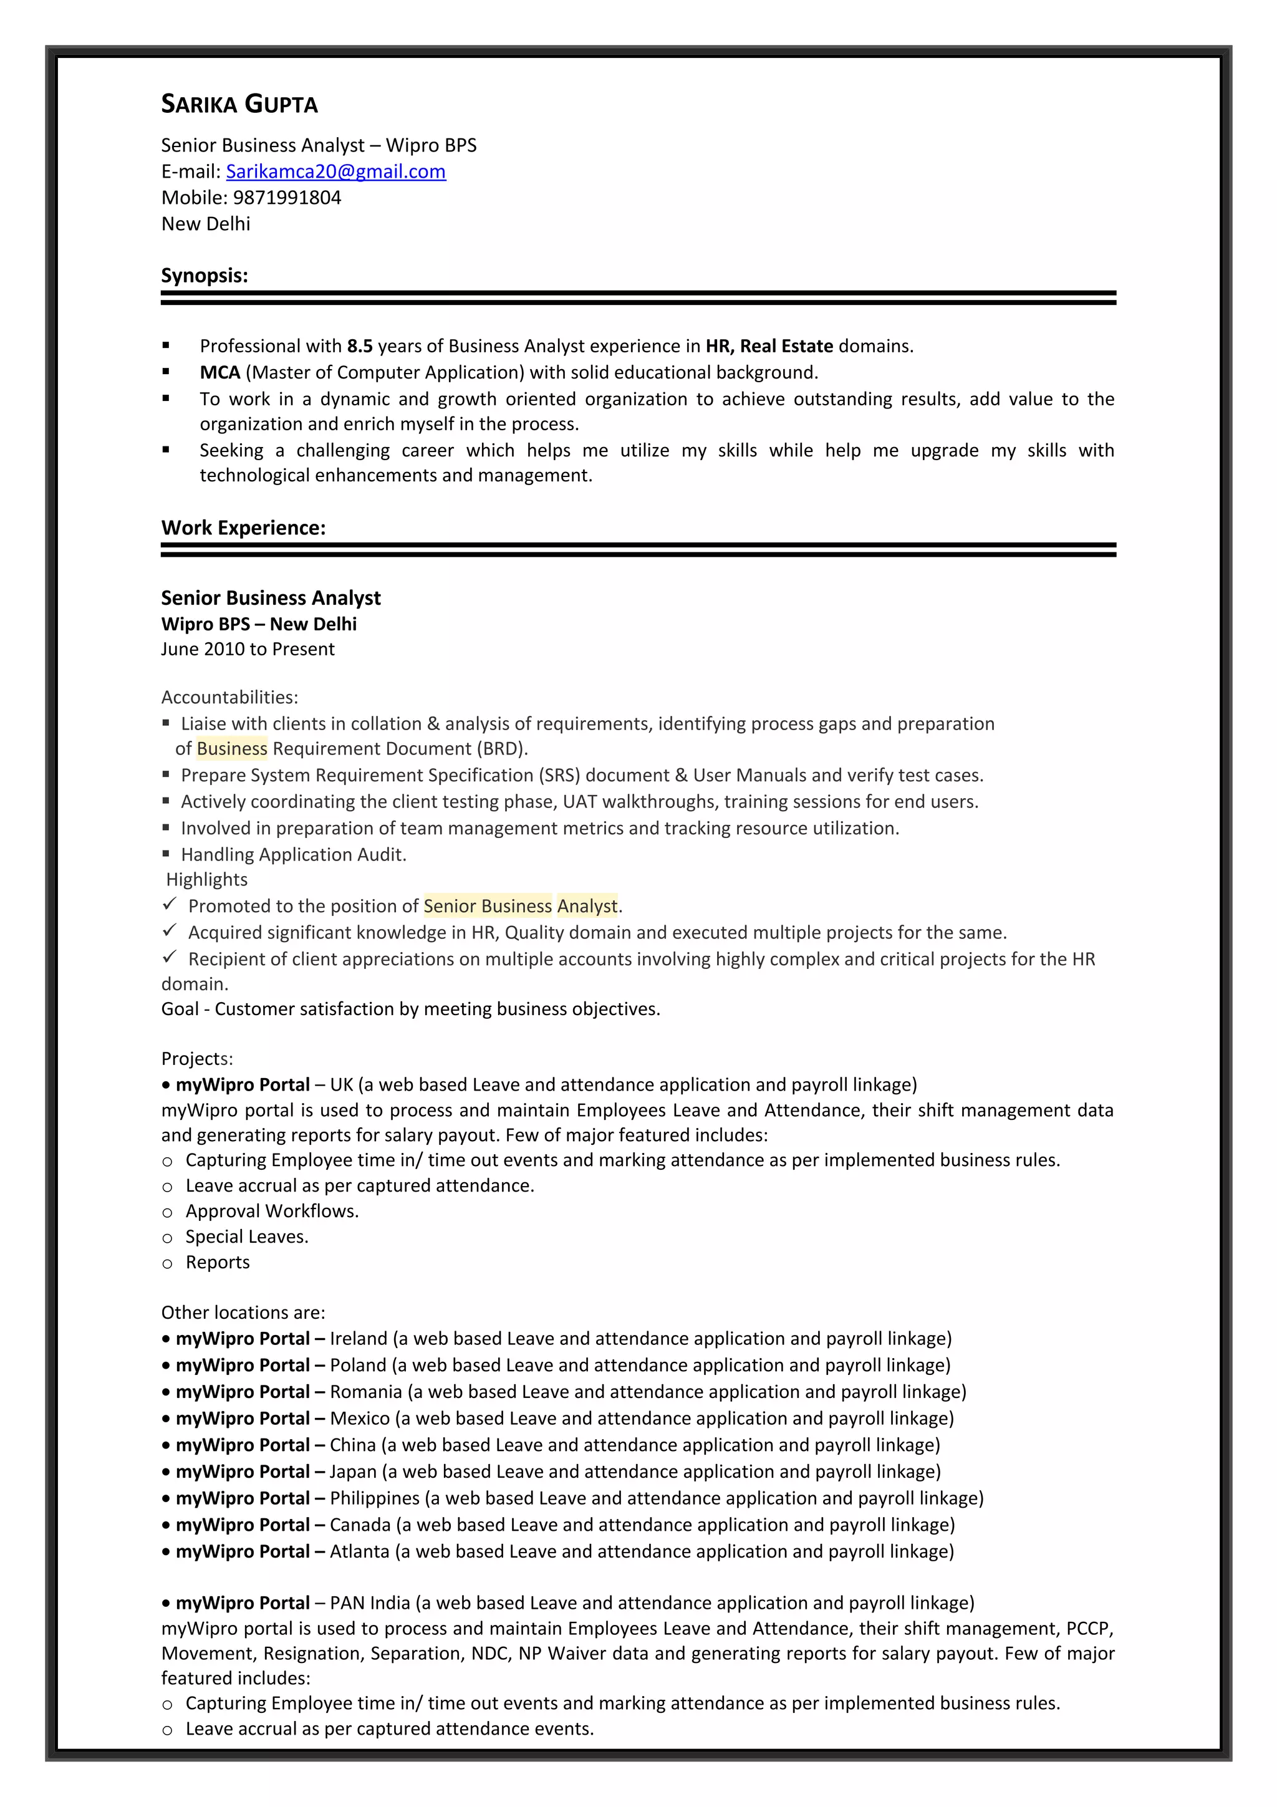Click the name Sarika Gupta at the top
[239, 104]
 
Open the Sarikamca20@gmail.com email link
[335, 171]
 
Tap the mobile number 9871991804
[287, 198]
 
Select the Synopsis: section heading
[205, 276]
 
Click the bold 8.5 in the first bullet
[360, 346]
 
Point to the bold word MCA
[219, 372]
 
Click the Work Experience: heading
[243, 528]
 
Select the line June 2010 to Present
[248, 649]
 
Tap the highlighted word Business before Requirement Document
[231, 748]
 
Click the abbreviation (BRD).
[502, 748]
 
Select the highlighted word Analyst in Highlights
[587, 906]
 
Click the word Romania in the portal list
[366, 1392]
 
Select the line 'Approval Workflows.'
[271, 1212]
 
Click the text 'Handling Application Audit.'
[294, 855]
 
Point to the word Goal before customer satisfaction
[180, 1009]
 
